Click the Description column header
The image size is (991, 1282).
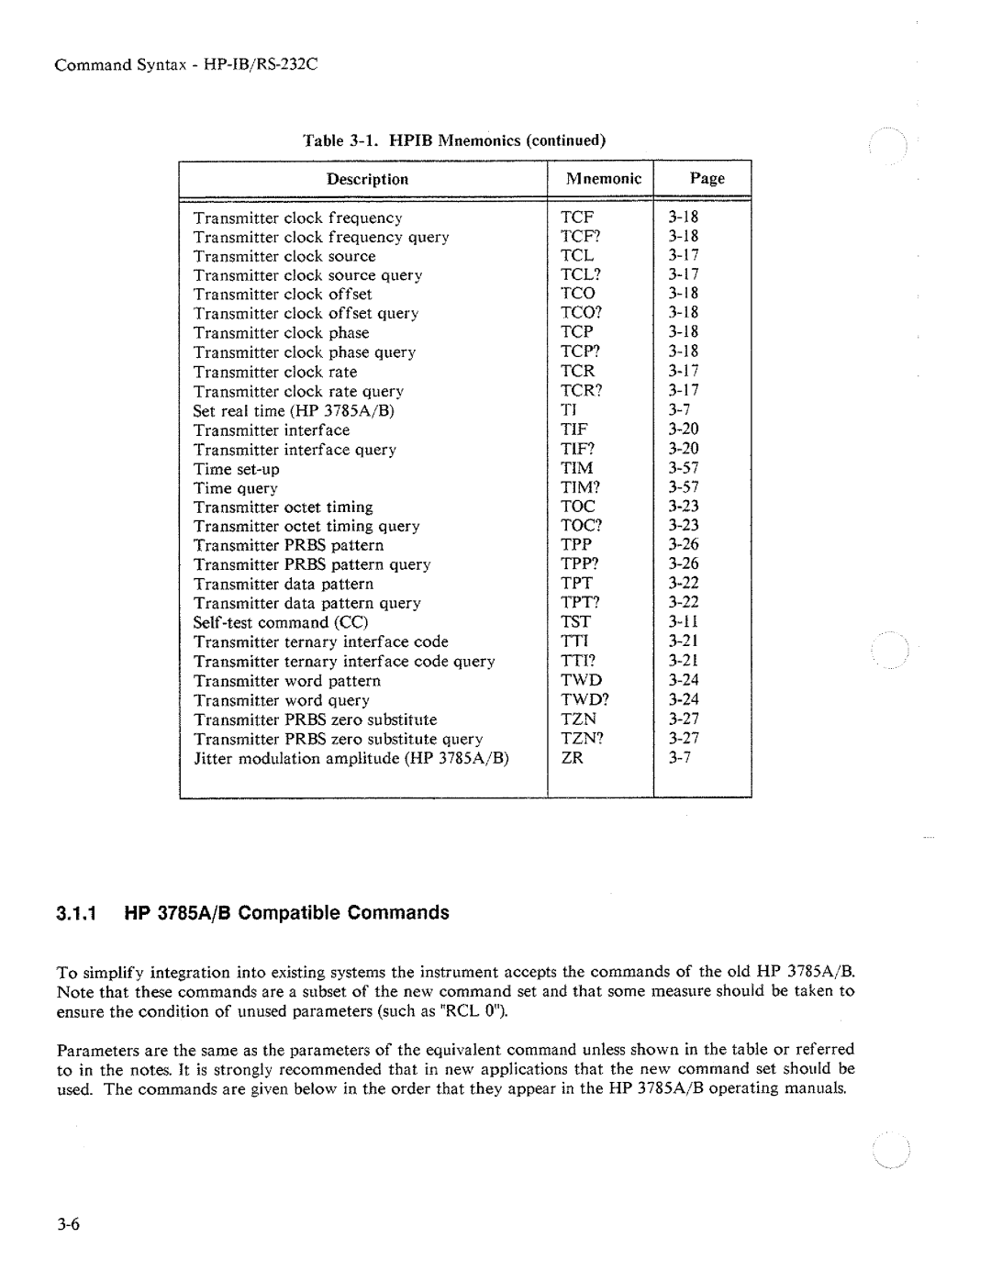coord(367,179)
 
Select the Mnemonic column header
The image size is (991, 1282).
coord(603,178)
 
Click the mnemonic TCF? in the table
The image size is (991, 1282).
coord(579,236)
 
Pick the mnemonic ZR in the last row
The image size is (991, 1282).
coord(573,758)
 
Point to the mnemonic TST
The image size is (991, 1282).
coord(576,622)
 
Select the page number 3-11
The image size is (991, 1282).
coord(684,622)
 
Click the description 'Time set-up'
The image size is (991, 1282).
coord(237,469)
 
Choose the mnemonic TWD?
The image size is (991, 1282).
coord(585,699)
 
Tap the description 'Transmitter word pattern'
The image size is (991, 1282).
coord(287,681)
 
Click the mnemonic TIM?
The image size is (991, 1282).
coord(581,487)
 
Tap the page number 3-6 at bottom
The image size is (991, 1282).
coord(71,1225)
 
